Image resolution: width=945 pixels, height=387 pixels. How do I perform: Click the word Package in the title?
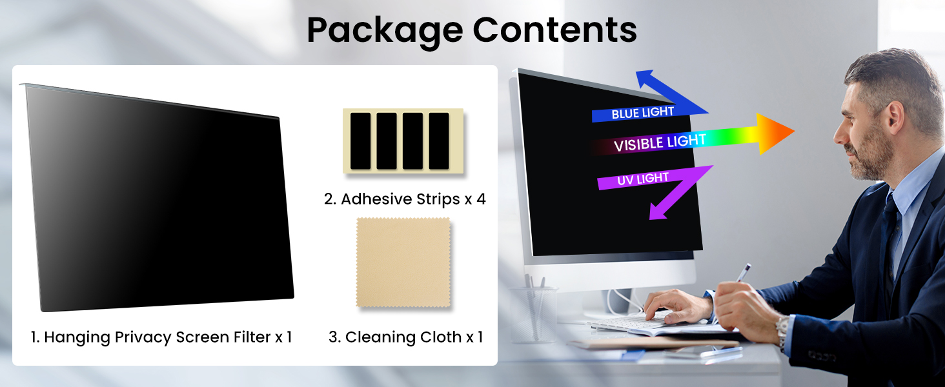click(384, 31)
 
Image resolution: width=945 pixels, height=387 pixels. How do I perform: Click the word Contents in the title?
click(554, 30)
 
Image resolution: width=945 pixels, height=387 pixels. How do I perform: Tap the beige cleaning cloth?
click(403, 263)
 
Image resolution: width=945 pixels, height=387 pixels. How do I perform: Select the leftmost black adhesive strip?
click(360, 141)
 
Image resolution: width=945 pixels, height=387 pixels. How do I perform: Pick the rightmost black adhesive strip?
click(439, 141)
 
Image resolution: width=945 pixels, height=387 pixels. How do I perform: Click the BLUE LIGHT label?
click(642, 113)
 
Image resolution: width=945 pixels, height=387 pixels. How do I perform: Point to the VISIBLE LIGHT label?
click(660, 143)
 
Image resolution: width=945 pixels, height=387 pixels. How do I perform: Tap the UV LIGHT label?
click(643, 179)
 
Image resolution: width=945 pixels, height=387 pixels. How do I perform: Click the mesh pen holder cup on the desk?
click(533, 314)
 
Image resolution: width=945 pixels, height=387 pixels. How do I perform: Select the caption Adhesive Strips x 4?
click(405, 199)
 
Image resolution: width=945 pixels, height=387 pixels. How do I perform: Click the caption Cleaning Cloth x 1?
click(405, 337)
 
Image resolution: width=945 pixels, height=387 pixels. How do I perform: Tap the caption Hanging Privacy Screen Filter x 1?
click(161, 337)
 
